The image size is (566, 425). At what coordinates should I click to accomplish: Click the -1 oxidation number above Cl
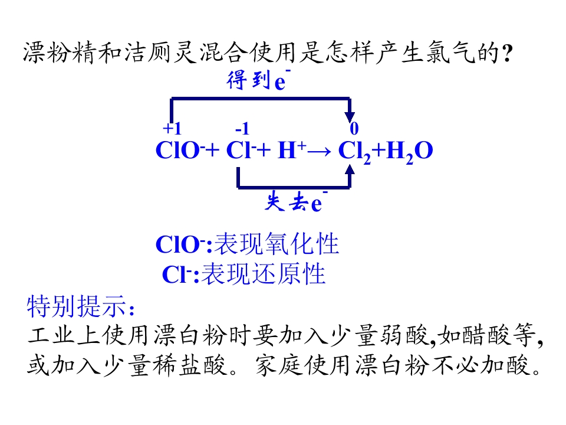(x=242, y=128)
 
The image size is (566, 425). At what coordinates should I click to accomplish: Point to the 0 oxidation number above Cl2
(x=354, y=128)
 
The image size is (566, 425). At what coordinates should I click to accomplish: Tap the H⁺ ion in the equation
(x=292, y=149)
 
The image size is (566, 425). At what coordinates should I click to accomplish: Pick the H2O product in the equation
(x=409, y=152)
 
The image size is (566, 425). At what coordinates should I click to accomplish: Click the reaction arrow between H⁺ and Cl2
(x=319, y=152)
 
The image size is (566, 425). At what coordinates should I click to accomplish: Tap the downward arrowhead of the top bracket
(x=350, y=117)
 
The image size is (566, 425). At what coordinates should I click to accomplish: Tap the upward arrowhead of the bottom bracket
(x=350, y=169)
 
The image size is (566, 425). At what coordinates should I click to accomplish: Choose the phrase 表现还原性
(x=263, y=273)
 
